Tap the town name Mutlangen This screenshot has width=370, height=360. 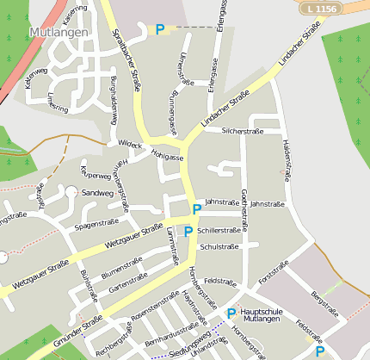click(59, 32)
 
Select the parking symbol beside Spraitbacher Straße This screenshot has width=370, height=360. click(159, 29)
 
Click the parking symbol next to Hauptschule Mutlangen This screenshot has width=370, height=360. click(231, 313)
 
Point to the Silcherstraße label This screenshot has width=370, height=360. click(243, 131)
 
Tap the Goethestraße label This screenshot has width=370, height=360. click(245, 210)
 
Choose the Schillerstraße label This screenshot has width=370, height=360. click(219, 231)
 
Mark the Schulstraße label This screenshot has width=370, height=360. click(218, 246)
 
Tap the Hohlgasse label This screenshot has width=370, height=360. click(168, 158)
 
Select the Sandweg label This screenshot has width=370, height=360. click(97, 194)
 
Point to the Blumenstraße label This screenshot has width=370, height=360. click(121, 267)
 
